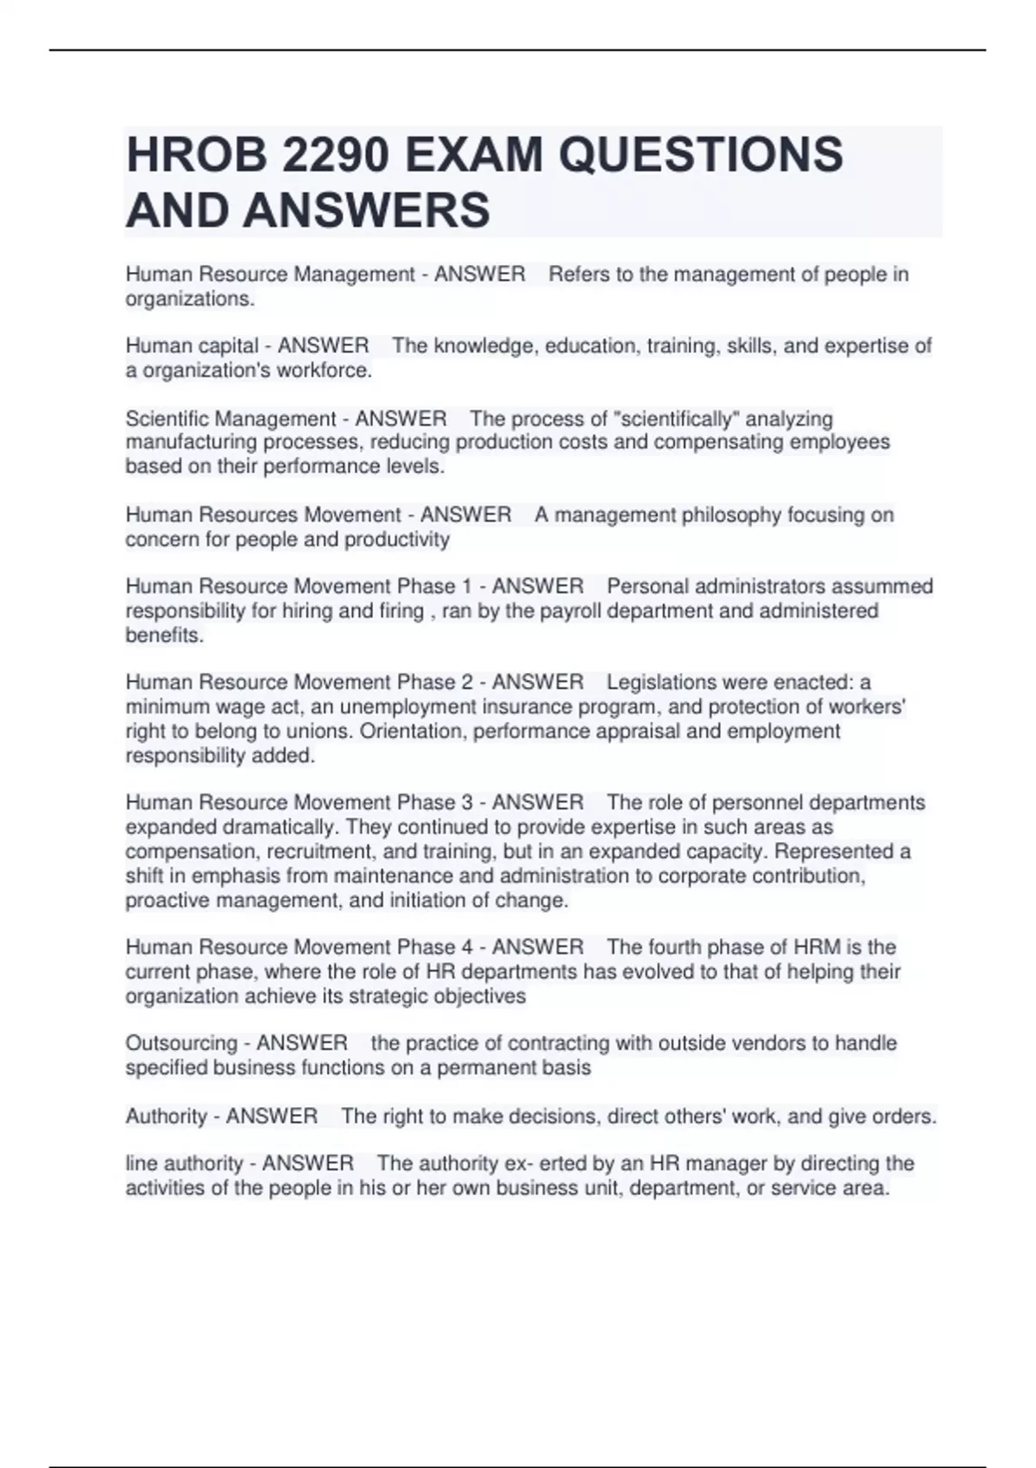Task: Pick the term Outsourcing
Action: point(181,1043)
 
